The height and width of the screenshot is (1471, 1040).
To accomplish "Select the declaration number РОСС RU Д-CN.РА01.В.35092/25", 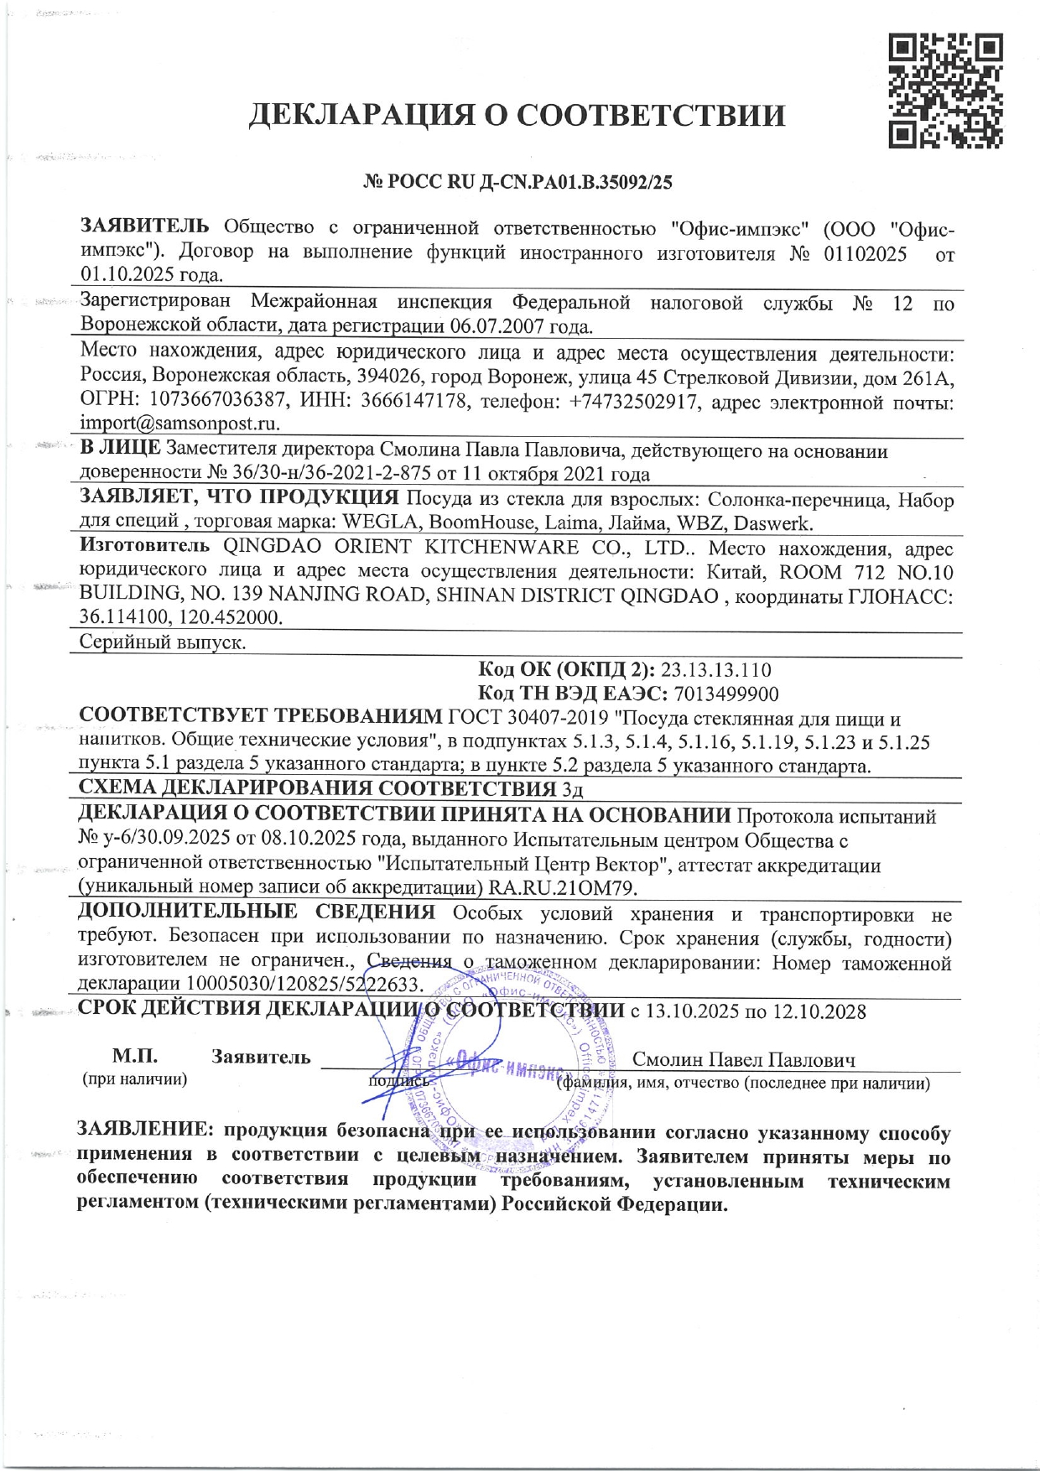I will click(x=528, y=181).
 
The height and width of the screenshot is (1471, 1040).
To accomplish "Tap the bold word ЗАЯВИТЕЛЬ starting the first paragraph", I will click(x=144, y=226).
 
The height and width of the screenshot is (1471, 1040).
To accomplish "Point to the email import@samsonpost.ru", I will click(x=179, y=424).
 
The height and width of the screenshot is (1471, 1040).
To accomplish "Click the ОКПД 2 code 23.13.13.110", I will click(x=715, y=670).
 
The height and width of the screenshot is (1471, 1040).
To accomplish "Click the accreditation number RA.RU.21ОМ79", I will click(x=560, y=887).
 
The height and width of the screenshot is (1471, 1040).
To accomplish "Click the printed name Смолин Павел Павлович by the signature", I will click(x=743, y=1059).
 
